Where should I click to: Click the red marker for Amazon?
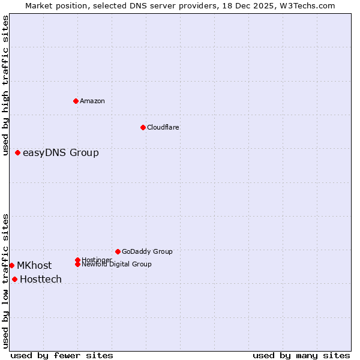76,101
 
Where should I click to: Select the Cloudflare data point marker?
143,127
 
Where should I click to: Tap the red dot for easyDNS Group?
18,153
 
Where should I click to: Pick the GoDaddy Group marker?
118,251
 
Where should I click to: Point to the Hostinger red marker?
77,260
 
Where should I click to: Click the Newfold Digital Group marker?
77,264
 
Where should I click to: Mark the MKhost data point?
12,265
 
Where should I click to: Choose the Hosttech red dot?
15,279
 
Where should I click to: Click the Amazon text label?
92,101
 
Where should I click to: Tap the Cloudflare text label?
163,127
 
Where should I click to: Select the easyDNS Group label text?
61,153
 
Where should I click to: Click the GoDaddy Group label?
147,251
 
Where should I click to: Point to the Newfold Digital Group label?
117,265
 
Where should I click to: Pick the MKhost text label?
34,266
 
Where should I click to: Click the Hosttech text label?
41,280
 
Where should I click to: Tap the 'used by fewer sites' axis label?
62,355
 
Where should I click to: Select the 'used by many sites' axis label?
301,355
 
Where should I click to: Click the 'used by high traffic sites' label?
6,85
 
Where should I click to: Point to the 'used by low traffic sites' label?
6,281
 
